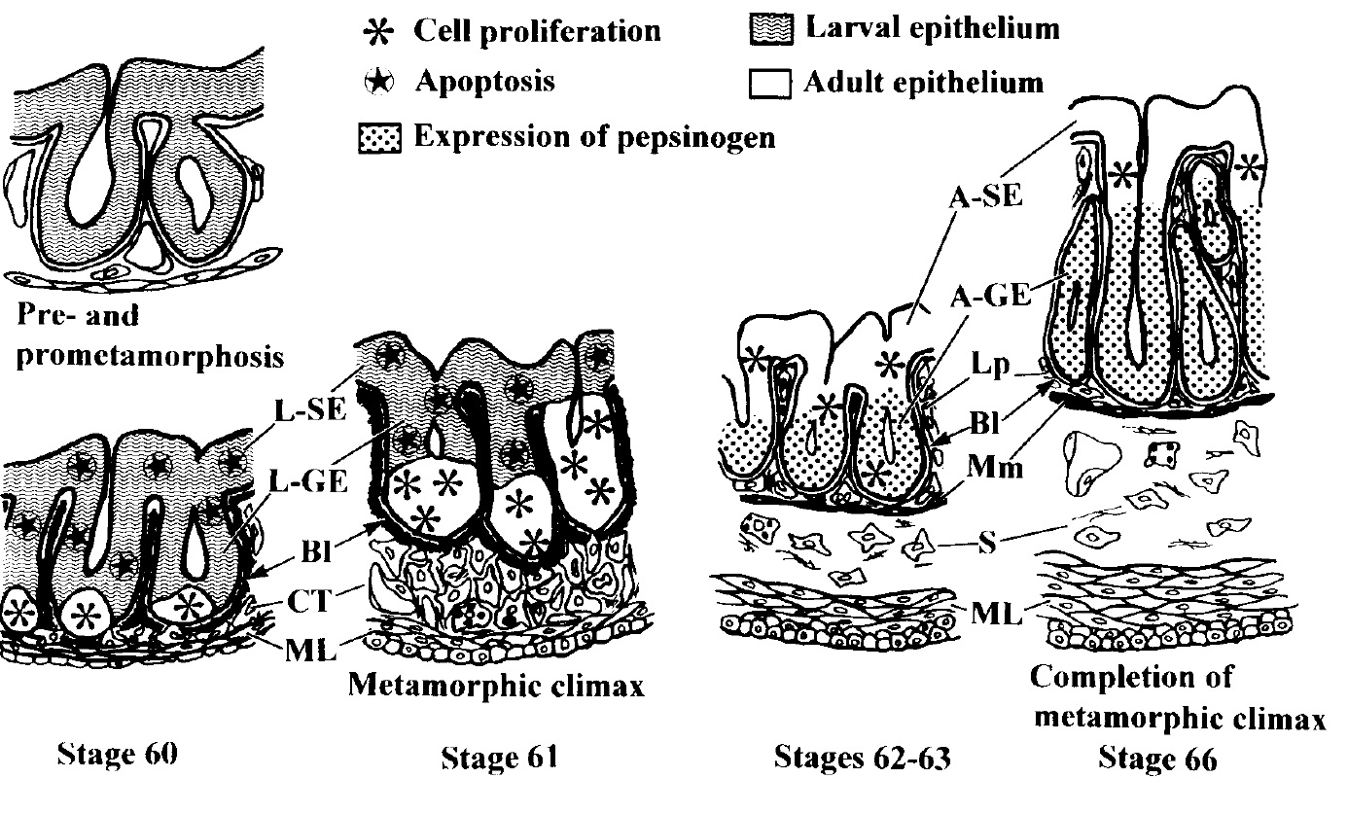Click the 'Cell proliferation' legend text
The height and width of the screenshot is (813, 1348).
point(537,30)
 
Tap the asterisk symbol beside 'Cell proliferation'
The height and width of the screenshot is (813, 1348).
point(387,31)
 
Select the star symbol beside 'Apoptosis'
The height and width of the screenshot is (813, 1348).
point(387,82)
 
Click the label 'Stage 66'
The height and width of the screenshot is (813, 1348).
point(1157,758)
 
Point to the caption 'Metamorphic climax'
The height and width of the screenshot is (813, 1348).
point(496,688)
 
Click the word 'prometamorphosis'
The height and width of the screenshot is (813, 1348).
point(150,356)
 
